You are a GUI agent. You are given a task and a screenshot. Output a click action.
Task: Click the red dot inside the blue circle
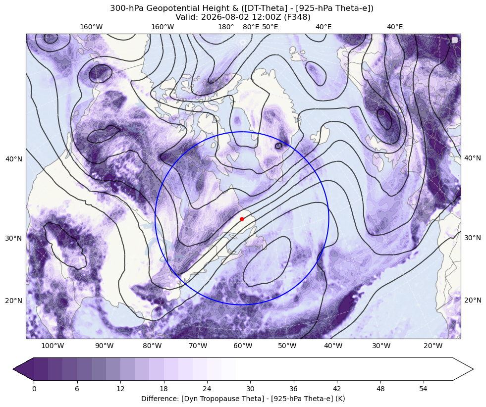click(242, 219)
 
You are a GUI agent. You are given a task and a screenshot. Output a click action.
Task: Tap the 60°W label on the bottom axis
click(243, 346)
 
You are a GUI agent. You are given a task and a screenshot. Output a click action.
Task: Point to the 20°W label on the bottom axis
click(433, 346)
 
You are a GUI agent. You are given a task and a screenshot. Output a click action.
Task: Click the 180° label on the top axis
click(226, 27)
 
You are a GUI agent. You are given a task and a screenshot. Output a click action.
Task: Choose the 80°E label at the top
click(251, 27)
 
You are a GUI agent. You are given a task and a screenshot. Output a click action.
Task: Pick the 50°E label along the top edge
click(270, 27)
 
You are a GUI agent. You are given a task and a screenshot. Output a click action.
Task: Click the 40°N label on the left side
click(14, 159)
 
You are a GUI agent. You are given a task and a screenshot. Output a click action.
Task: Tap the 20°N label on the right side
click(473, 300)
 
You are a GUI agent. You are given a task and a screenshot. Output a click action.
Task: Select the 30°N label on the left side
click(14, 238)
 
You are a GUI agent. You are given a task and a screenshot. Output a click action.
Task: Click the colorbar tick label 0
click(34, 389)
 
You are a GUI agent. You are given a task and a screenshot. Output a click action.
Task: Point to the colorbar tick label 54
click(423, 389)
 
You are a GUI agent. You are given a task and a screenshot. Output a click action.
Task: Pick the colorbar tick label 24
click(207, 389)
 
